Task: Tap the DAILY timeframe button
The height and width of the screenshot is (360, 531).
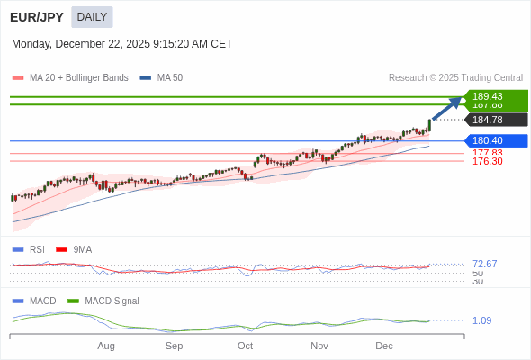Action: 92,17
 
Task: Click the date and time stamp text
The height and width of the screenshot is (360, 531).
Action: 121,44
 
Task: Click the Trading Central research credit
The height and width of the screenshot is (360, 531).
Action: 455,78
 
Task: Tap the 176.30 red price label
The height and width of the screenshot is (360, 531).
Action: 487,161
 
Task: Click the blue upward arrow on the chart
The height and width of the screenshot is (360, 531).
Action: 446,108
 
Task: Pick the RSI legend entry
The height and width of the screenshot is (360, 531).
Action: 37,249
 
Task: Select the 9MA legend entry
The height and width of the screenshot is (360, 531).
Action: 82,249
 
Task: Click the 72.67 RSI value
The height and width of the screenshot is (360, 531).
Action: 484,264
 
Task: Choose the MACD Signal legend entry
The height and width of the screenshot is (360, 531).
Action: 112,301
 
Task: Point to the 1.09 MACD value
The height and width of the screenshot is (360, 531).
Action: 481,320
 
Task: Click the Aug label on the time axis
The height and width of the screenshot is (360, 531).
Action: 106,346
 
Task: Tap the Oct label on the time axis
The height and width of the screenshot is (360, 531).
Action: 245,346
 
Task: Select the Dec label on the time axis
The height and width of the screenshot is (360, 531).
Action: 384,346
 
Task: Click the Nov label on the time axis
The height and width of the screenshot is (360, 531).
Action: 319,346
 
